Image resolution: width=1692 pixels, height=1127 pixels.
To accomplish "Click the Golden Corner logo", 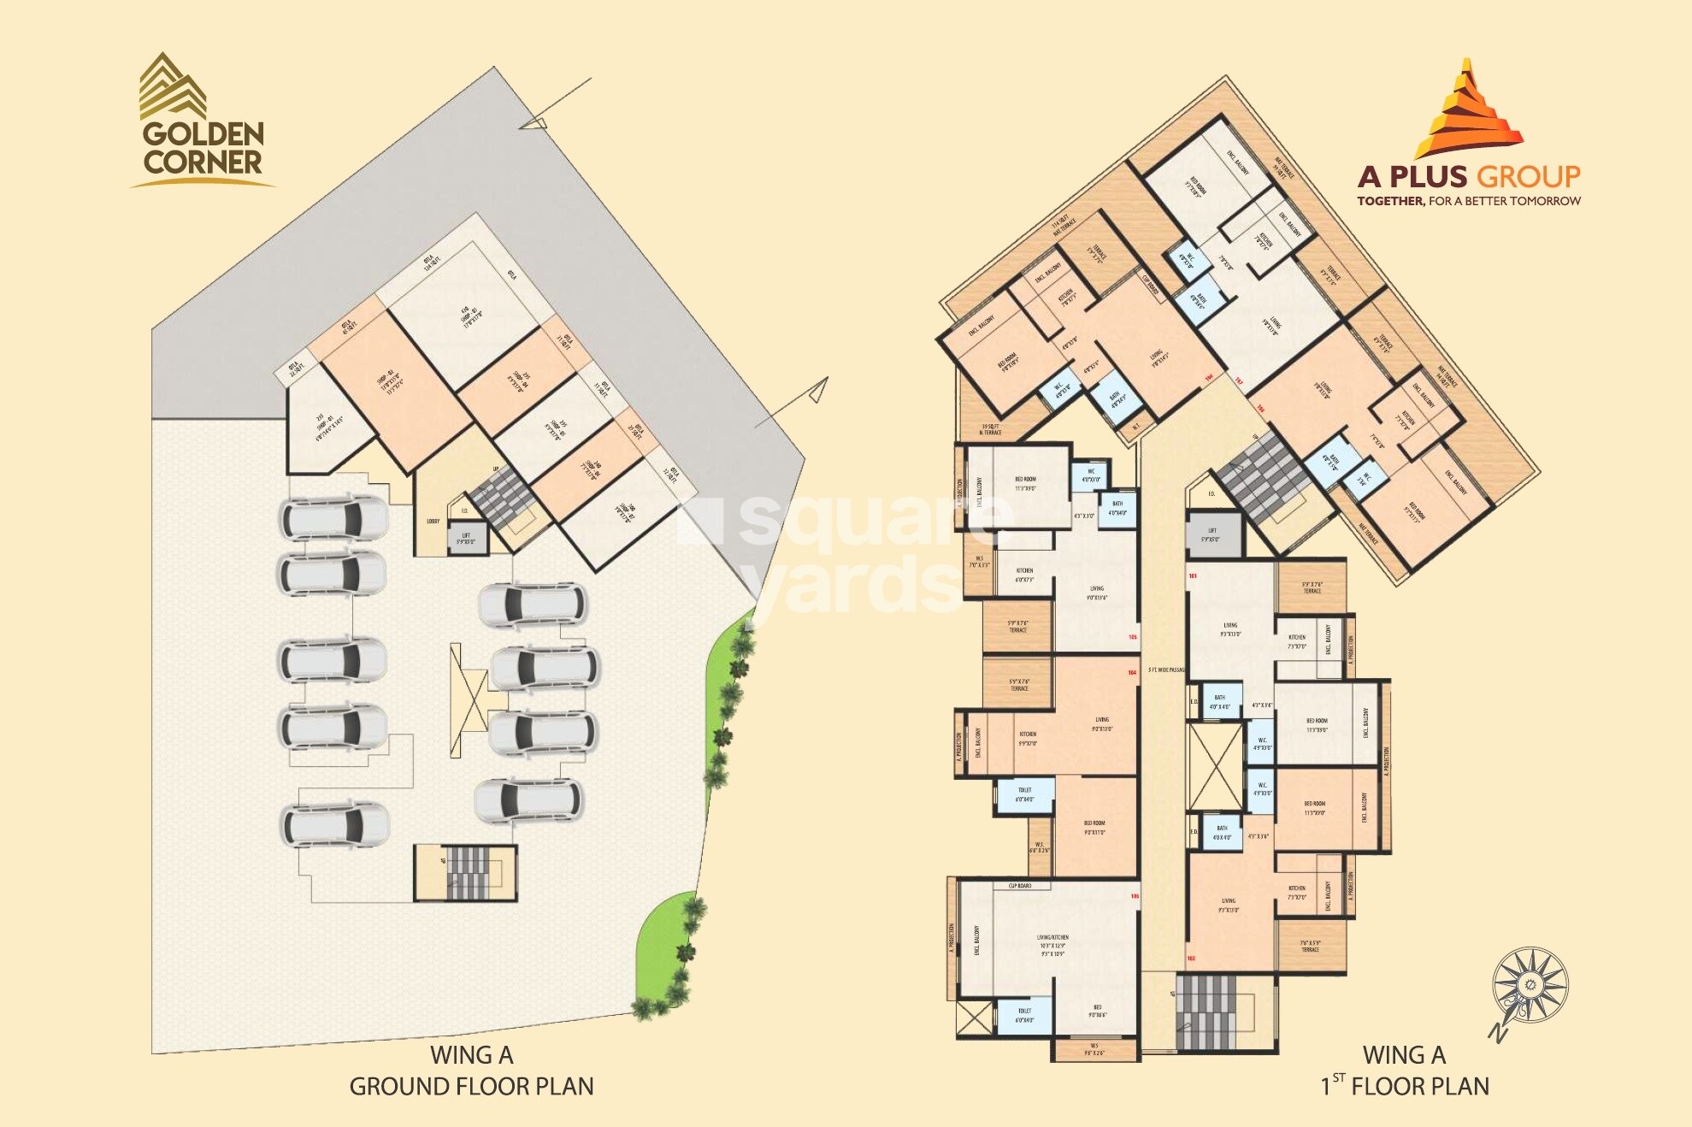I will [x=203, y=120].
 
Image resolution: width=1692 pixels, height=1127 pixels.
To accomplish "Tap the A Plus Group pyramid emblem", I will [x=1468, y=109].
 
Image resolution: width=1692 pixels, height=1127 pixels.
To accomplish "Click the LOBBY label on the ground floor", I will [x=433, y=521].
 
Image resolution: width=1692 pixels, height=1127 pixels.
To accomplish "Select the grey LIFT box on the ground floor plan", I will [x=466, y=539].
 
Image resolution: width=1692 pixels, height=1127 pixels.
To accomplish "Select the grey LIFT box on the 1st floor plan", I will [x=1212, y=535].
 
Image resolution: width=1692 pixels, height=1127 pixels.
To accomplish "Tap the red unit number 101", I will [x=1193, y=575].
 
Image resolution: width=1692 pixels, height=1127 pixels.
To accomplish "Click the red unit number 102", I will [x=1191, y=958].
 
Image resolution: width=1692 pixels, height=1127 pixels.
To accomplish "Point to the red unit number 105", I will [x=1133, y=637].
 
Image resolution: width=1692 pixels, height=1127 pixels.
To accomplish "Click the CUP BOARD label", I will [x=1019, y=886].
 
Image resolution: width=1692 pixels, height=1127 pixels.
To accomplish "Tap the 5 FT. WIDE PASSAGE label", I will [x=1166, y=670].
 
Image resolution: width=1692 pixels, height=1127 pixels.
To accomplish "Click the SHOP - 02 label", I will [x=387, y=380].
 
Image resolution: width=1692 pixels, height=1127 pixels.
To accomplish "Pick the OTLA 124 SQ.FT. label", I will [x=430, y=262].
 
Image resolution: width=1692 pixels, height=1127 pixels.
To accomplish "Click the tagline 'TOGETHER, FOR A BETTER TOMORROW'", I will [x=1468, y=201].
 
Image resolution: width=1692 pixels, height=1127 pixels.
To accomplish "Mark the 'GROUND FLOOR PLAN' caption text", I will [x=471, y=1086].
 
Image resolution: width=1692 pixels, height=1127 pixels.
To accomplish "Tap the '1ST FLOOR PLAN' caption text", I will [x=1406, y=1086].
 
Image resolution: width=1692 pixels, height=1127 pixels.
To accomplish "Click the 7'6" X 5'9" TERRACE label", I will [x=1311, y=946].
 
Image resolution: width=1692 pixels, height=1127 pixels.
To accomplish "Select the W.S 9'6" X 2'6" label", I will [x=1094, y=1049].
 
